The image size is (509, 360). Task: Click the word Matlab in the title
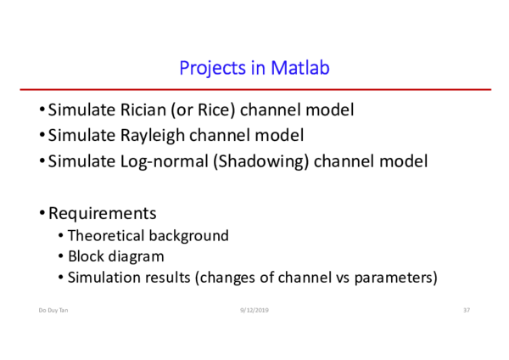(300, 68)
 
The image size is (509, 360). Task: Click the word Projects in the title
(211, 68)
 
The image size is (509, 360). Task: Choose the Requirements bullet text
(102, 213)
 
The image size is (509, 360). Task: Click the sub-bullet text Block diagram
(116, 256)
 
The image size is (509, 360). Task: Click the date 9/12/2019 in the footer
(254, 311)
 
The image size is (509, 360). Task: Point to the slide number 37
(466, 311)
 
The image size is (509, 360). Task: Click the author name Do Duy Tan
(53, 311)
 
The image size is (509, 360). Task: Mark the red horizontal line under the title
(255, 89)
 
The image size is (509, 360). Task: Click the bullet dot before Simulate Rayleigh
(42, 136)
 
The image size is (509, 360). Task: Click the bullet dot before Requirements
(42, 213)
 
